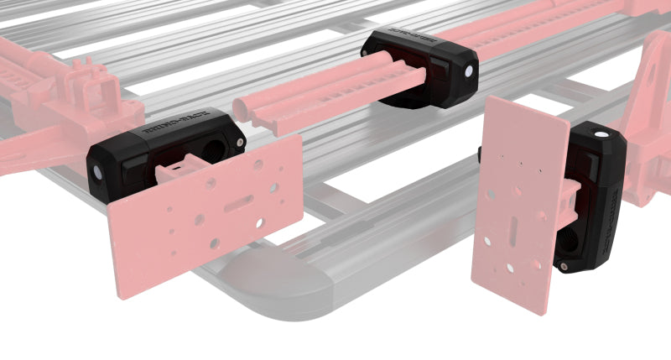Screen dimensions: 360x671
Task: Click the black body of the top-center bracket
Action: pos(419,71)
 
